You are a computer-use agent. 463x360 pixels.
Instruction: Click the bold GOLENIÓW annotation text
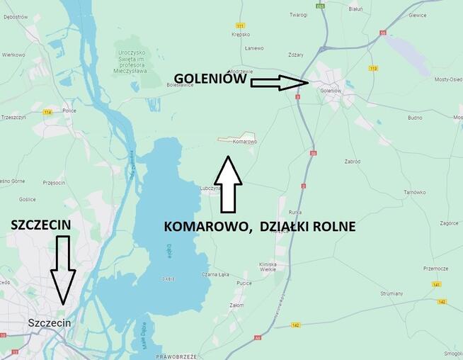[x=210, y=80]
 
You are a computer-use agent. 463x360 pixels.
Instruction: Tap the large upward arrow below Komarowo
[x=227, y=184]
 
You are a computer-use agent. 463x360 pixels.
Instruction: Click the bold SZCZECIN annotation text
[x=41, y=225]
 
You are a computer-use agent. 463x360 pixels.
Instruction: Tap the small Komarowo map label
[x=244, y=142]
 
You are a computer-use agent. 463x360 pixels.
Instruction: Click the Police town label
[x=69, y=111]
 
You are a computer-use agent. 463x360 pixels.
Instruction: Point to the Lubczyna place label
[x=211, y=189]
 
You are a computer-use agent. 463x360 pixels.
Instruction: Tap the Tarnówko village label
[x=414, y=192]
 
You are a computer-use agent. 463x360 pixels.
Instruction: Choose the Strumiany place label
[x=391, y=293]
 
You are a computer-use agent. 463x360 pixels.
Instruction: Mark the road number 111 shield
[x=240, y=25]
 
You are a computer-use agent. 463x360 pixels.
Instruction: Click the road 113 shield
[x=373, y=68]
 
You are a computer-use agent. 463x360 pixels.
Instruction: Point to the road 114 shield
[x=48, y=112]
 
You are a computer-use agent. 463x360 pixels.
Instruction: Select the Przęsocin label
[x=54, y=182]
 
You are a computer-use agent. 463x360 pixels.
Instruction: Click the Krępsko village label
[x=240, y=34]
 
